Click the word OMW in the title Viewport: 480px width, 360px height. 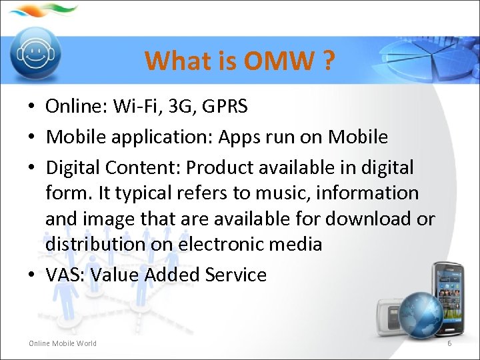click(279, 61)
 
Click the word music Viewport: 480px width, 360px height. click(283, 193)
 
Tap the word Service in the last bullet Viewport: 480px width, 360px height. click(236, 275)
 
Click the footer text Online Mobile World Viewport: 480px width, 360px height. click(63, 343)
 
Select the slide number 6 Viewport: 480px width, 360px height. click(449, 343)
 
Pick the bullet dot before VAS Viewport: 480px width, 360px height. click(32, 275)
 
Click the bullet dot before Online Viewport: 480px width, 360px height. click(32, 106)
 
